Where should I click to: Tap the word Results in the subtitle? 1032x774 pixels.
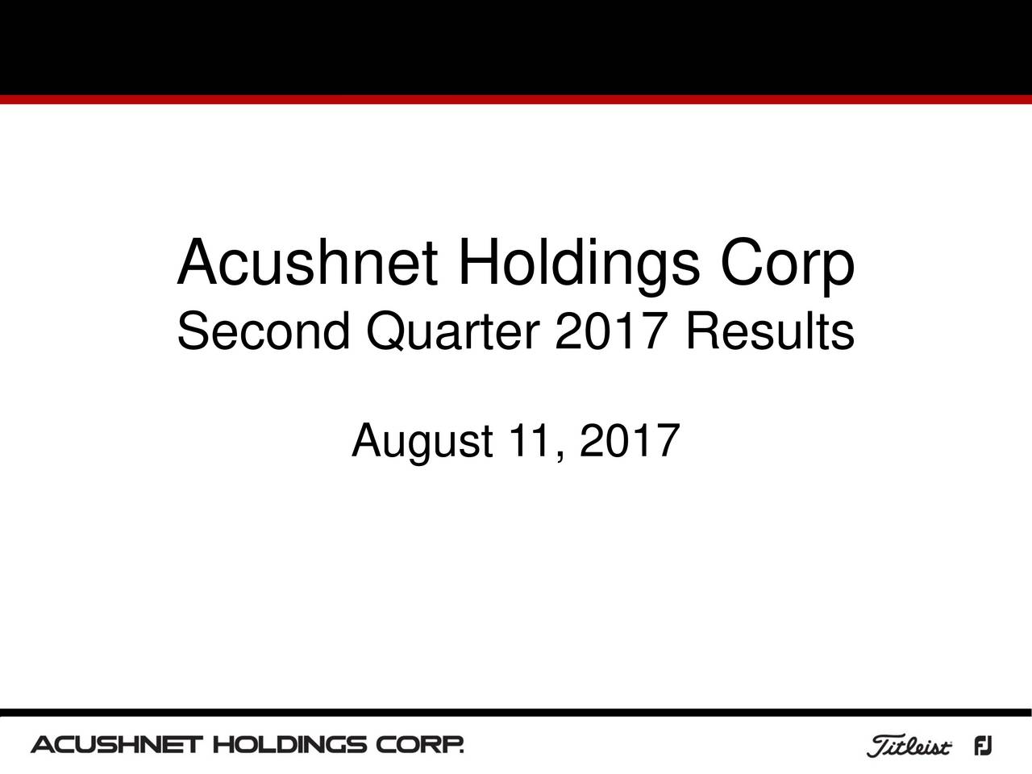[x=768, y=331]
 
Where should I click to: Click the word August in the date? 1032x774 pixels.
[x=422, y=443]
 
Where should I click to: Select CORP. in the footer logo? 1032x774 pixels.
[x=420, y=744]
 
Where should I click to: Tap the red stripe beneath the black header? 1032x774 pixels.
[x=516, y=100]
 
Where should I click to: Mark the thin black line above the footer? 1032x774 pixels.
[x=516, y=713]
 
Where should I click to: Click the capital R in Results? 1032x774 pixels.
[x=698, y=331]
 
